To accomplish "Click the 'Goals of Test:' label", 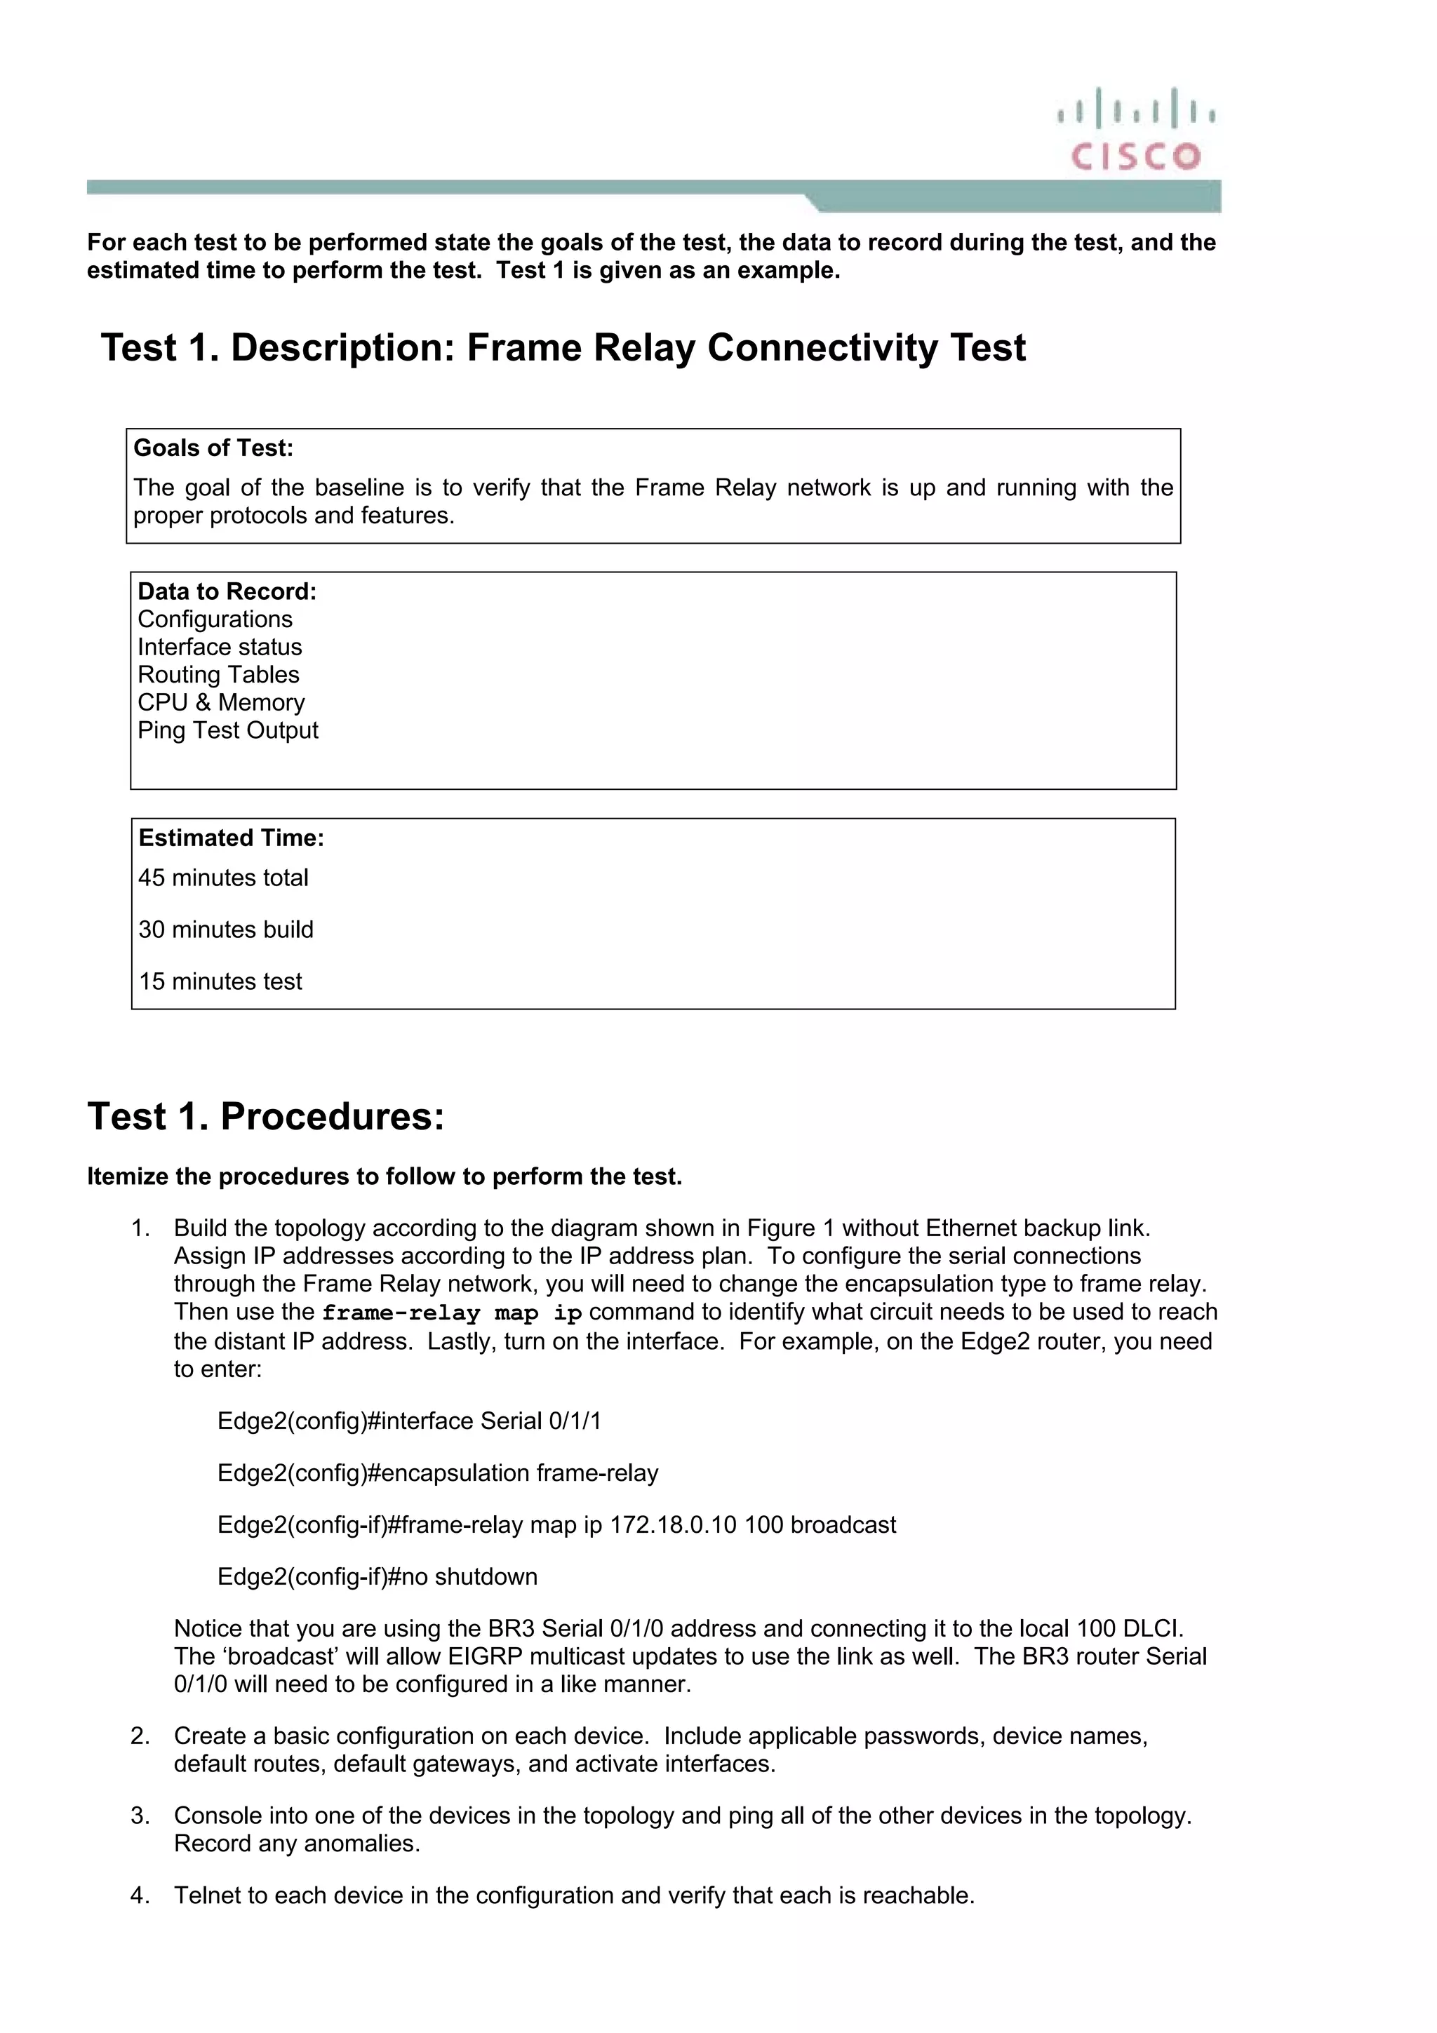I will click(x=213, y=448).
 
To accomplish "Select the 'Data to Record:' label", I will click(x=227, y=591).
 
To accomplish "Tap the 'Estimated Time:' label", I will click(x=231, y=838).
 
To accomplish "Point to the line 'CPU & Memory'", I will click(x=221, y=702).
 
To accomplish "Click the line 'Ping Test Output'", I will click(x=227, y=730).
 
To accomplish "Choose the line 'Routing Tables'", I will click(x=219, y=675).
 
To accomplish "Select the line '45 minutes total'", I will click(x=223, y=878).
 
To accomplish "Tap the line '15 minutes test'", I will click(x=220, y=981).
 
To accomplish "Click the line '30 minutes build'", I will click(x=226, y=930).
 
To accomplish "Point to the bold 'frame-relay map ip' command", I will click(x=452, y=1313).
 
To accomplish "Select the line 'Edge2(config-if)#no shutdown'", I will click(x=377, y=1576).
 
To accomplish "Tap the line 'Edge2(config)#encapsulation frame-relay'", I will click(x=437, y=1472).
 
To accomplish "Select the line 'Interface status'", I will click(x=220, y=648).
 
